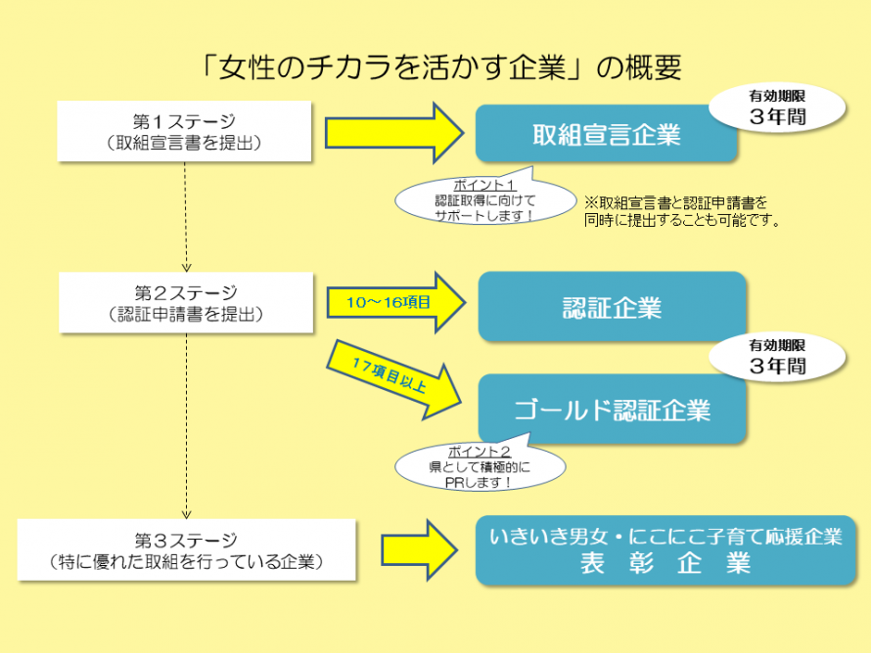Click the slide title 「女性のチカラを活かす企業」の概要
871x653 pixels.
pos(435,66)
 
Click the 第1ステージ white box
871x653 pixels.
pos(185,131)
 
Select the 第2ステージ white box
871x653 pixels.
pos(185,302)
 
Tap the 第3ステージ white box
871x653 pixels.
pos(185,549)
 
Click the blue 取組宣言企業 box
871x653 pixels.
pos(606,134)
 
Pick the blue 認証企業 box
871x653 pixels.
pos(612,307)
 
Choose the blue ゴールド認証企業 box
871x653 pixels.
pos(612,409)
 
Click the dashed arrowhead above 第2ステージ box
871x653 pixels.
pos(186,265)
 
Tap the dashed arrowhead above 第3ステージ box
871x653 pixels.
pos(186,513)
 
